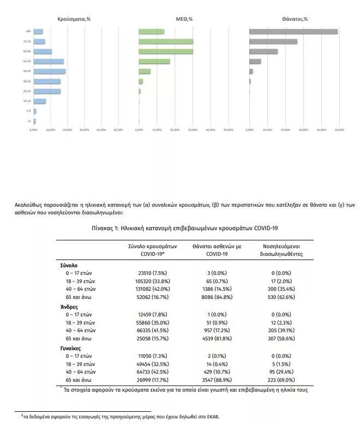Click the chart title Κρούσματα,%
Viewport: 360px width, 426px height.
(x=74, y=19)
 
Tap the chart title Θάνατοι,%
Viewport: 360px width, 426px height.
(x=295, y=19)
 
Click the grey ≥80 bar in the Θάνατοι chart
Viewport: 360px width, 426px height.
(x=293, y=32)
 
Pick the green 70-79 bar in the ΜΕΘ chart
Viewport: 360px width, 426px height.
(x=166, y=41)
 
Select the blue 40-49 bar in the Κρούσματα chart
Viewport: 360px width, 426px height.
(x=49, y=71)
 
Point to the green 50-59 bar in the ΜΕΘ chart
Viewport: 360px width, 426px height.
(x=154, y=61)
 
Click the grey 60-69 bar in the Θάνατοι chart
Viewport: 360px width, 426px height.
(x=263, y=51)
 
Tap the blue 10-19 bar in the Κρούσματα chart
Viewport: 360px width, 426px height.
(x=40, y=101)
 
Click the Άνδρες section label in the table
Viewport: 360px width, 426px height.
(x=69, y=307)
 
